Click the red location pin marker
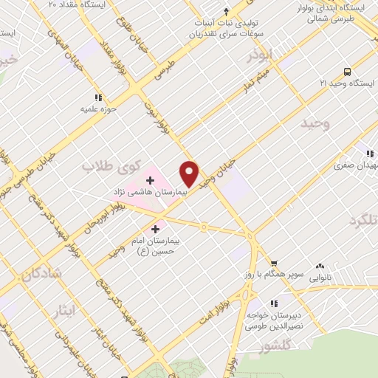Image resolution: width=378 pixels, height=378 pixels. [190, 174]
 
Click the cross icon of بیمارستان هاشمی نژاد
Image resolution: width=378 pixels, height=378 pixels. [150, 179]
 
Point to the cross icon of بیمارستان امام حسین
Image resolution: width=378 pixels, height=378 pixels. [154, 230]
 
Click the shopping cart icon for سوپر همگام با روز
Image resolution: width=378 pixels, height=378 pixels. [274, 262]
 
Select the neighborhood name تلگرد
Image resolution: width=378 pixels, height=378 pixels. [362, 221]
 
